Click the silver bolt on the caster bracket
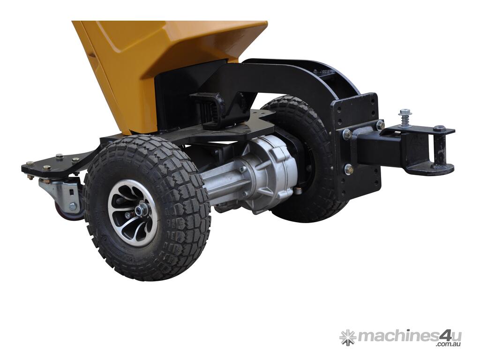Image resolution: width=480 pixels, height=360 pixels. pos(73,207)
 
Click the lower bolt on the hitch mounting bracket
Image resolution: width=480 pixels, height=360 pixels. pos(348,169)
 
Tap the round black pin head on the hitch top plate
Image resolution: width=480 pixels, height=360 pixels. pos(439,127)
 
